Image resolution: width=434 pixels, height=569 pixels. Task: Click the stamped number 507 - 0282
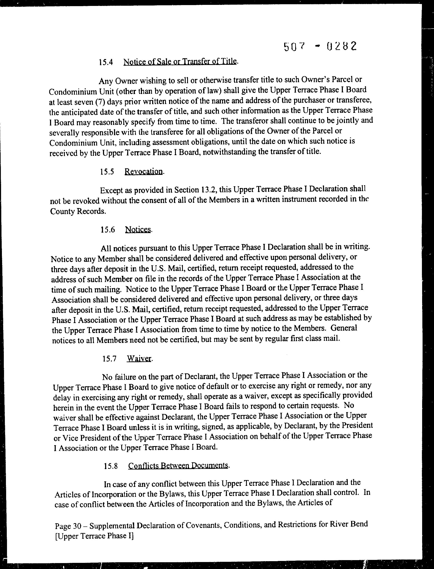(x=320, y=46)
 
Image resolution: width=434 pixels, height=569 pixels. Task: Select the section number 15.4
(x=106, y=62)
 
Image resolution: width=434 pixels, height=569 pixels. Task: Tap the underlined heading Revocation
(x=144, y=171)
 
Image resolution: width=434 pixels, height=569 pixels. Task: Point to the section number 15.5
(x=107, y=172)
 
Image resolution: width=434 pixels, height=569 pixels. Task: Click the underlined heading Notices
(x=138, y=229)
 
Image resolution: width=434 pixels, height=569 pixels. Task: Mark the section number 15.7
(x=109, y=359)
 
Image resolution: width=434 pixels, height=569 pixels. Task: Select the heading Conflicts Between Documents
(x=178, y=465)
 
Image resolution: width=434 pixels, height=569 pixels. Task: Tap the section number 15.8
(x=111, y=466)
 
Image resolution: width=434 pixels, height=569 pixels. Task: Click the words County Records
(x=78, y=211)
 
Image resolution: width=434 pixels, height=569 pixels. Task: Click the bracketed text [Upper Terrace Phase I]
(x=94, y=536)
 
